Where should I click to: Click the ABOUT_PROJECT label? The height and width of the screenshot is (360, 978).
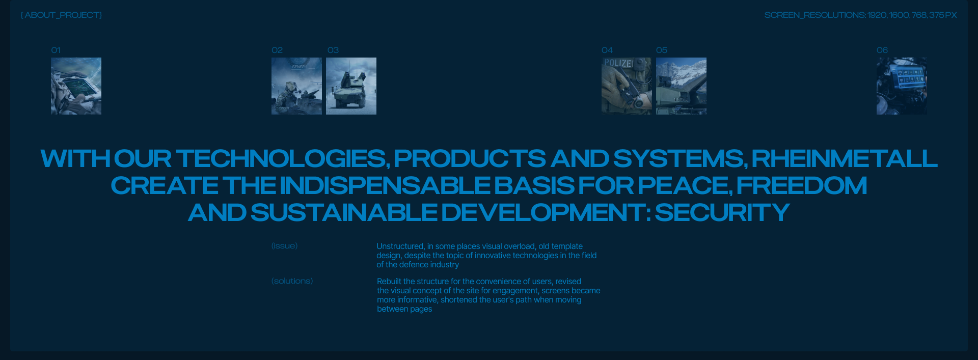point(61,15)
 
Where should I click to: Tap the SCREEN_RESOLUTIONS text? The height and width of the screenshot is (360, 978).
point(860,15)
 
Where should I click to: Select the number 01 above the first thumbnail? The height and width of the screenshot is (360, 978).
point(56,50)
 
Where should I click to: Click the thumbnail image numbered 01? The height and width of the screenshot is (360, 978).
point(76,86)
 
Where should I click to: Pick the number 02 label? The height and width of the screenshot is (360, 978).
point(277,50)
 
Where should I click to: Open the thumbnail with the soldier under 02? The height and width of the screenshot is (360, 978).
point(296,86)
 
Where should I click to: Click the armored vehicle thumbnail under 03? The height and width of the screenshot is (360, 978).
point(351,86)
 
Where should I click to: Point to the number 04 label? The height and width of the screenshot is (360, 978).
point(607,50)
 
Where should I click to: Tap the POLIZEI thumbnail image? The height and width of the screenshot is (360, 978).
point(627,86)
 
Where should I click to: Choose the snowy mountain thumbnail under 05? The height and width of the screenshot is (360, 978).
point(681,86)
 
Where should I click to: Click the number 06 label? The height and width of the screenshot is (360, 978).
point(882,50)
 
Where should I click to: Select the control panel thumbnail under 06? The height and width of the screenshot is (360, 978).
point(902,86)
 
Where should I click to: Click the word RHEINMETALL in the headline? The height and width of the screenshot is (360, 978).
point(845,158)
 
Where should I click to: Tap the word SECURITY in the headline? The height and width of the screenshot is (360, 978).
point(722,212)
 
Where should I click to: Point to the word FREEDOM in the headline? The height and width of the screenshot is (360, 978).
point(802,185)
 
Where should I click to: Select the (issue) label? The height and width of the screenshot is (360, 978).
point(284,246)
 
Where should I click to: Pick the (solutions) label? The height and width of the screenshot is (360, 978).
point(292,281)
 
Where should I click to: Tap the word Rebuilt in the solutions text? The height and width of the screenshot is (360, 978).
point(389,282)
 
